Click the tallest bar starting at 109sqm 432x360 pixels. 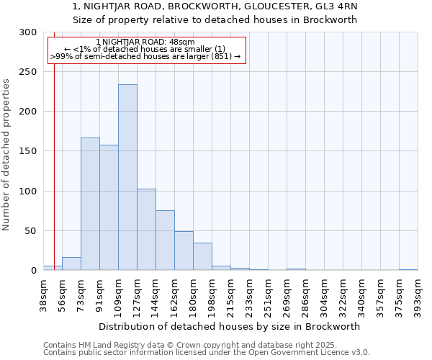[127, 177]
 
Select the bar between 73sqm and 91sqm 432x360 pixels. [90, 204]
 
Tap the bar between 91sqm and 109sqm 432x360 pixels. [109, 207]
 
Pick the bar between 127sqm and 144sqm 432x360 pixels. [146, 230]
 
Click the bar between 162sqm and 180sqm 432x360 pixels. [184, 251]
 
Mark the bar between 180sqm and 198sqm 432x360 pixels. [202, 256]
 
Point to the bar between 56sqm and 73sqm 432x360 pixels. [71, 264]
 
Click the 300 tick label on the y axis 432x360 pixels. [27, 32]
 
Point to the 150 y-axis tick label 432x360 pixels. [27, 151]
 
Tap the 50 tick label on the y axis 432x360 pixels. [30, 231]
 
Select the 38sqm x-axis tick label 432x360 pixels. [43, 294]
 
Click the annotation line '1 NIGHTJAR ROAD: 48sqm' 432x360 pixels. [145, 42]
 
